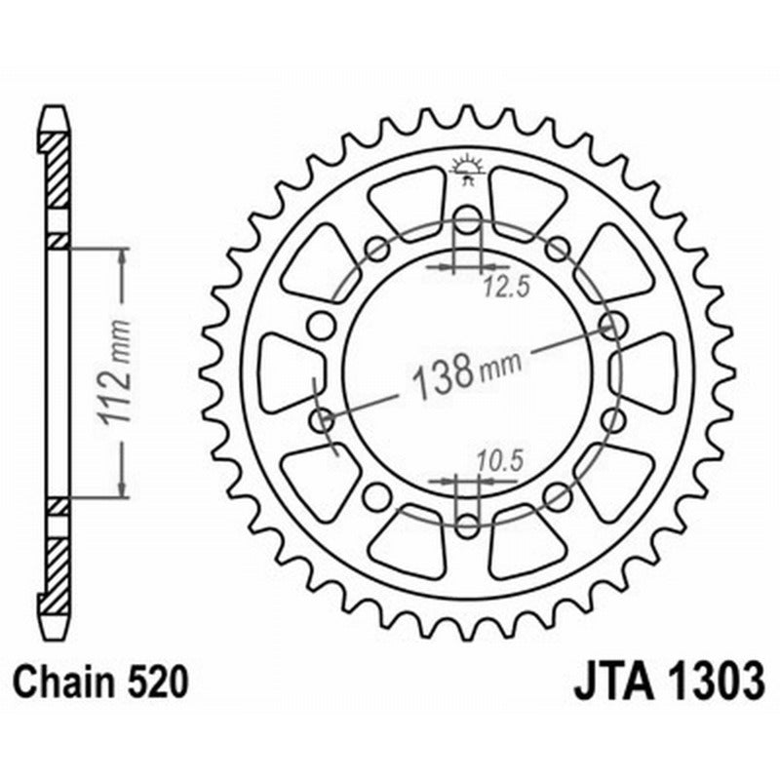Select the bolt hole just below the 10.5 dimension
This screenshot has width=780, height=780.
tap(467, 525)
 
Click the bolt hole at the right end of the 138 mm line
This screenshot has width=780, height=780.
tap(614, 323)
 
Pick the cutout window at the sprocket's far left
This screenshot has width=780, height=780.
tap(289, 371)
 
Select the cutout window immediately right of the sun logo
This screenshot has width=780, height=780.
tap(526, 201)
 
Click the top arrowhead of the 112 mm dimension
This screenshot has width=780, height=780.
tap(122, 255)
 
